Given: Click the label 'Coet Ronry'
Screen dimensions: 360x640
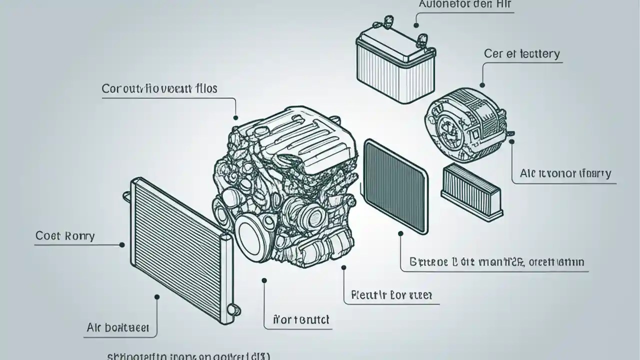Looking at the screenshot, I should pyautogui.click(x=65, y=235).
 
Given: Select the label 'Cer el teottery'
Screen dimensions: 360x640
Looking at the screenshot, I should pyautogui.click(x=521, y=53).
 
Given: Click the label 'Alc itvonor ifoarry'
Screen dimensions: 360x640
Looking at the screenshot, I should pyautogui.click(x=565, y=173).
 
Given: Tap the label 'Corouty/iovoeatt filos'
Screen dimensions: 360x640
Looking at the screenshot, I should pyautogui.click(x=159, y=88).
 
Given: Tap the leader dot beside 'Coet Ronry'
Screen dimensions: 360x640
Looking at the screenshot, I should pyautogui.click(x=122, y=245).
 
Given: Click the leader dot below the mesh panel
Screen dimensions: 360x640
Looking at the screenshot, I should pyautogui.click(x=400, y=233).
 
